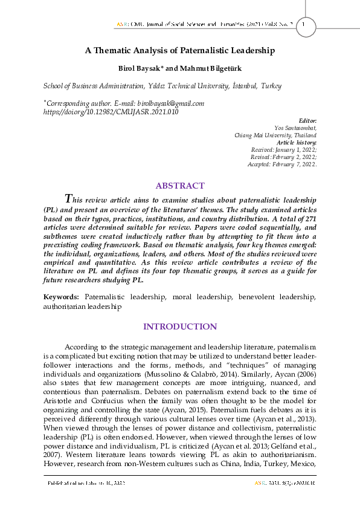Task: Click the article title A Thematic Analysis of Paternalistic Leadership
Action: coord(179,51)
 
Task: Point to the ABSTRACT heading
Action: coord(179,186)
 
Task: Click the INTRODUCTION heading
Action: coord(179,326)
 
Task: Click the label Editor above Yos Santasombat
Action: coord(308,122)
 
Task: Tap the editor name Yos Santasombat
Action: coord(295,129)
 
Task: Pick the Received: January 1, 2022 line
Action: coord(283,149)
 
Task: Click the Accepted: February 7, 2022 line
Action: coord(281,164)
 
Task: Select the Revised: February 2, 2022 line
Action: coord(283,157)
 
